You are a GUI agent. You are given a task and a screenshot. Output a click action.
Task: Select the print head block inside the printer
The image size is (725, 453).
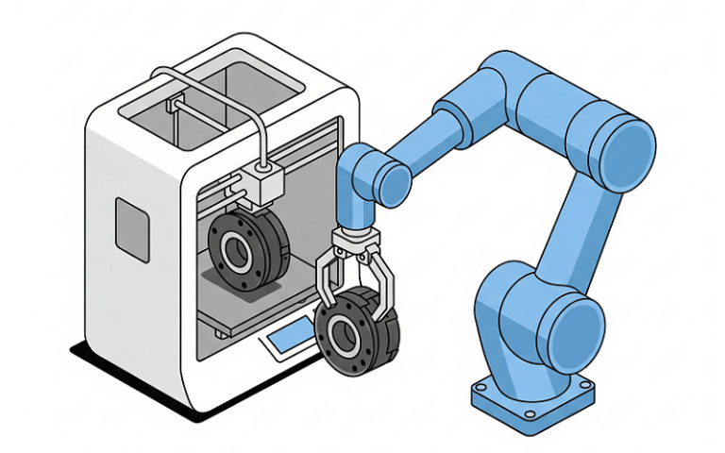pos(263,179)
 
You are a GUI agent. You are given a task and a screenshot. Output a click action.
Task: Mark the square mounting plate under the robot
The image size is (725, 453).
pos(534,396)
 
